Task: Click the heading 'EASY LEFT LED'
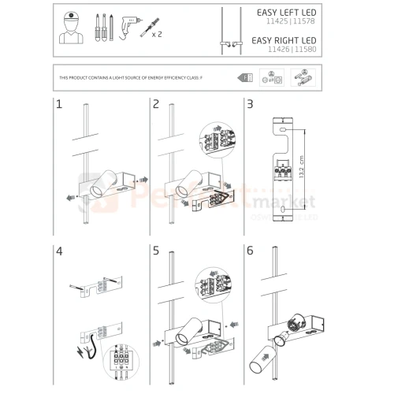[289, 13]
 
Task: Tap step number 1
[59, 104]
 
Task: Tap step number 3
[250, 104]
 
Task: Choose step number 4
[59, 253]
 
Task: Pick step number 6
[250, 253]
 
